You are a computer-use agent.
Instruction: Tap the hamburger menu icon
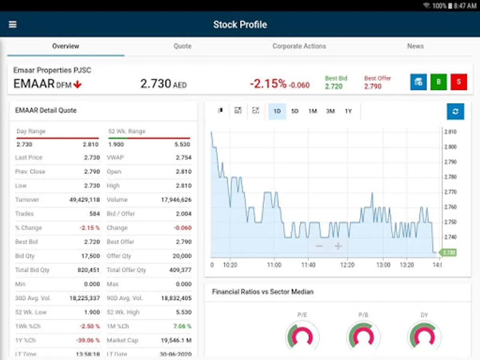[13, 24]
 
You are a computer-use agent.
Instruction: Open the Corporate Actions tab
[299, 46]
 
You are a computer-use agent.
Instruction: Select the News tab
[415, 46]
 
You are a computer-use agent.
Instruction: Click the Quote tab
[182, 46]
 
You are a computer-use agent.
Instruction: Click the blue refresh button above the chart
[455, 111]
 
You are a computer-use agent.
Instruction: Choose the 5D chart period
[295, 111]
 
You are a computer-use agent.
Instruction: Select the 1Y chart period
[348, 111]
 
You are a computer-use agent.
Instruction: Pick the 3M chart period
[330, 111]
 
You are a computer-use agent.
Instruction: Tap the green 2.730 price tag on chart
[448, 252]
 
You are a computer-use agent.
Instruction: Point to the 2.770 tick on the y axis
[451, 192]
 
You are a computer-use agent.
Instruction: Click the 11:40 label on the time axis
[308, 265]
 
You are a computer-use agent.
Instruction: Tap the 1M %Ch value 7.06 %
[182, 326]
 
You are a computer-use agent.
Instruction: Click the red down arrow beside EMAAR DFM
[78, 84]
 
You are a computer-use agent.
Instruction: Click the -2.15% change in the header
[268, 84]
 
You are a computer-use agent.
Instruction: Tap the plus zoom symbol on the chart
[338, 246]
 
